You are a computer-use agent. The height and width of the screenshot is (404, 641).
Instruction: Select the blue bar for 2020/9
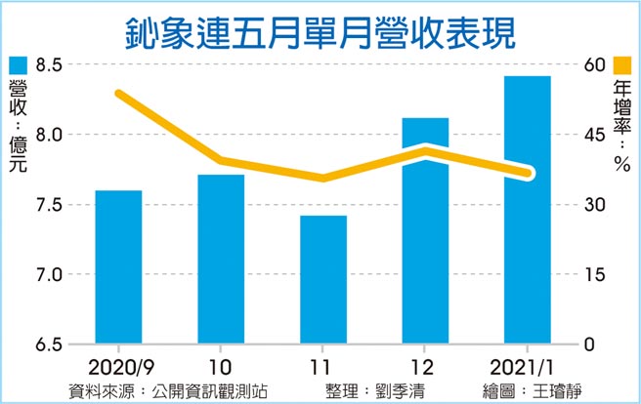(x=118, y=267)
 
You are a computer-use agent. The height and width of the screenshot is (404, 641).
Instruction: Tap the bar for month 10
(x=221, y=260)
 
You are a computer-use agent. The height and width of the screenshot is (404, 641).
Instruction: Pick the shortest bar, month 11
(x=323, y=280)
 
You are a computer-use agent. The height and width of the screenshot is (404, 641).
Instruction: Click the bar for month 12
(x=425, y=231)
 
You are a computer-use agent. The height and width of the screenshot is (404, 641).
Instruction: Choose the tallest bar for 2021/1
(x=528, y=210)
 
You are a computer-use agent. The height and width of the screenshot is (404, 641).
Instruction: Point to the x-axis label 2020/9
(x=118, y=369)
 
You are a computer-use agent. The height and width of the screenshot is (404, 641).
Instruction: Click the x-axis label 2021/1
(x=526, y=369)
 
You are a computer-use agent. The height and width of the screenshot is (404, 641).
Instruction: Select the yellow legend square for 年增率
(x=620, y=65)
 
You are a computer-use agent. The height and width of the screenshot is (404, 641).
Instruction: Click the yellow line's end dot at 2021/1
(x=528, y=174)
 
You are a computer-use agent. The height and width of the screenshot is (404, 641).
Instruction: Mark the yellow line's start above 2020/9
(x=118, y=94)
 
